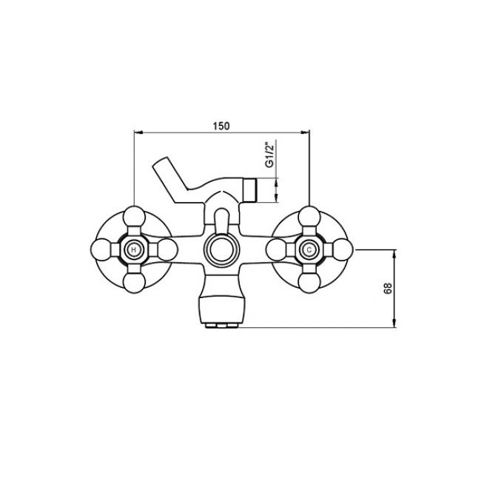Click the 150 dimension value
[221, 126]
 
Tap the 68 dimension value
[388, 289]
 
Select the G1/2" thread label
[269, 155]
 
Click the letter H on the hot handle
[133, 250]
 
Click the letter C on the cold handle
[309, 250]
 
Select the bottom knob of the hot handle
[134, 283]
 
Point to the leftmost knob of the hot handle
[101, 249]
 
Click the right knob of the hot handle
[167, 249]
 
